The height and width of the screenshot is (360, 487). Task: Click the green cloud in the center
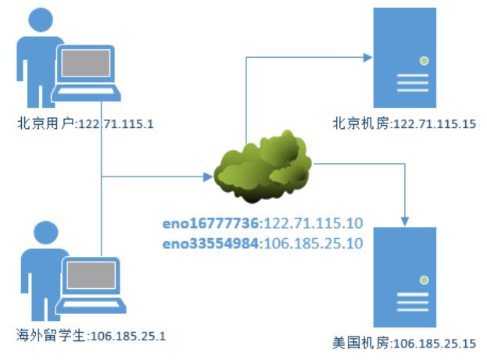(x=263, y=165)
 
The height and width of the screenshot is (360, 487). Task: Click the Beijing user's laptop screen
(x=87, y=69)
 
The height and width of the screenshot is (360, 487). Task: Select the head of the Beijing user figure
(x=38, y=23)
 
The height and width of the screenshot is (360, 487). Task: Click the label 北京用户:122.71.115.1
(x=84, y=123)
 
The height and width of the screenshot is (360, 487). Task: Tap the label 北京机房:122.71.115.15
(x=403, y=123)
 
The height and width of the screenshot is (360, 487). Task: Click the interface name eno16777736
(x=207, y=223)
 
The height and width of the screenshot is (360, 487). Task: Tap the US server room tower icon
(x=405, y=278)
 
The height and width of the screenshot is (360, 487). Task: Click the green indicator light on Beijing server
(x=423, y=59)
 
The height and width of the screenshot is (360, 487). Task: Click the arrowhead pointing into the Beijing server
(x=366, y=57)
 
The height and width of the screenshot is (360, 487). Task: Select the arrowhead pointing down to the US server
(x=405, y=218)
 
